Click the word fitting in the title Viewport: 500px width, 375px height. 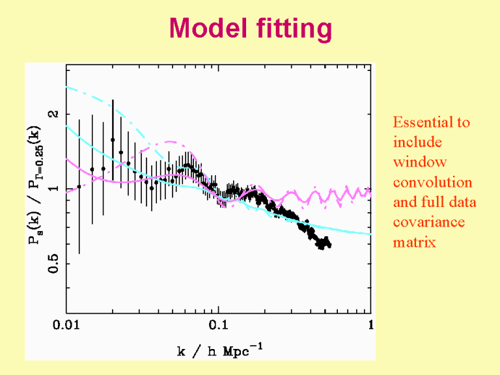pos(294,30)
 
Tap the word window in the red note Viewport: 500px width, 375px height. pos(420,162)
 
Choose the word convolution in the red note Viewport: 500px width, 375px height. pos(432,182)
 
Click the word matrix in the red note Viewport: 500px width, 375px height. pos(414,242)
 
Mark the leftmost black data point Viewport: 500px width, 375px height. pos(79,187)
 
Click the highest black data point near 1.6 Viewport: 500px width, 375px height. pos(113,139)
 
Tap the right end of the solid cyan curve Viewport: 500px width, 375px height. pos(370,234)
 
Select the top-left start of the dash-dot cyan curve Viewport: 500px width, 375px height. pos(67,87)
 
